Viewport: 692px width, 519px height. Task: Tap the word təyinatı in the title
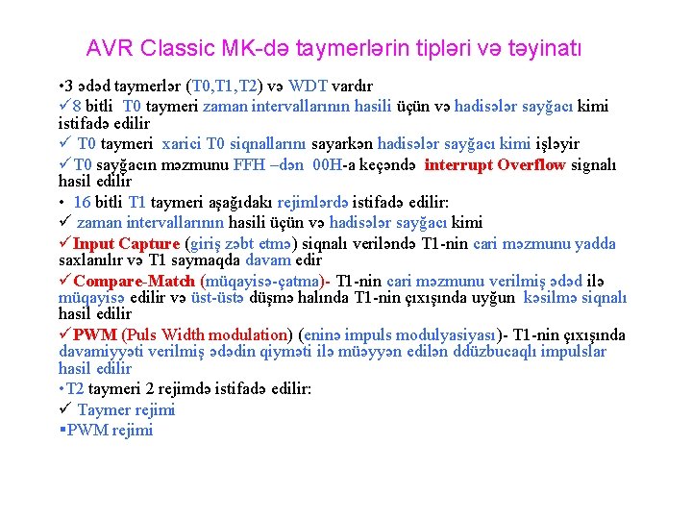point(545,47)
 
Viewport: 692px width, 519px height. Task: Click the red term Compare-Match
point(134,281)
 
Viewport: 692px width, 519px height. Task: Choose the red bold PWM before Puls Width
point(94,335)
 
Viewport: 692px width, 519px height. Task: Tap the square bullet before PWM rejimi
point(62,430)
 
